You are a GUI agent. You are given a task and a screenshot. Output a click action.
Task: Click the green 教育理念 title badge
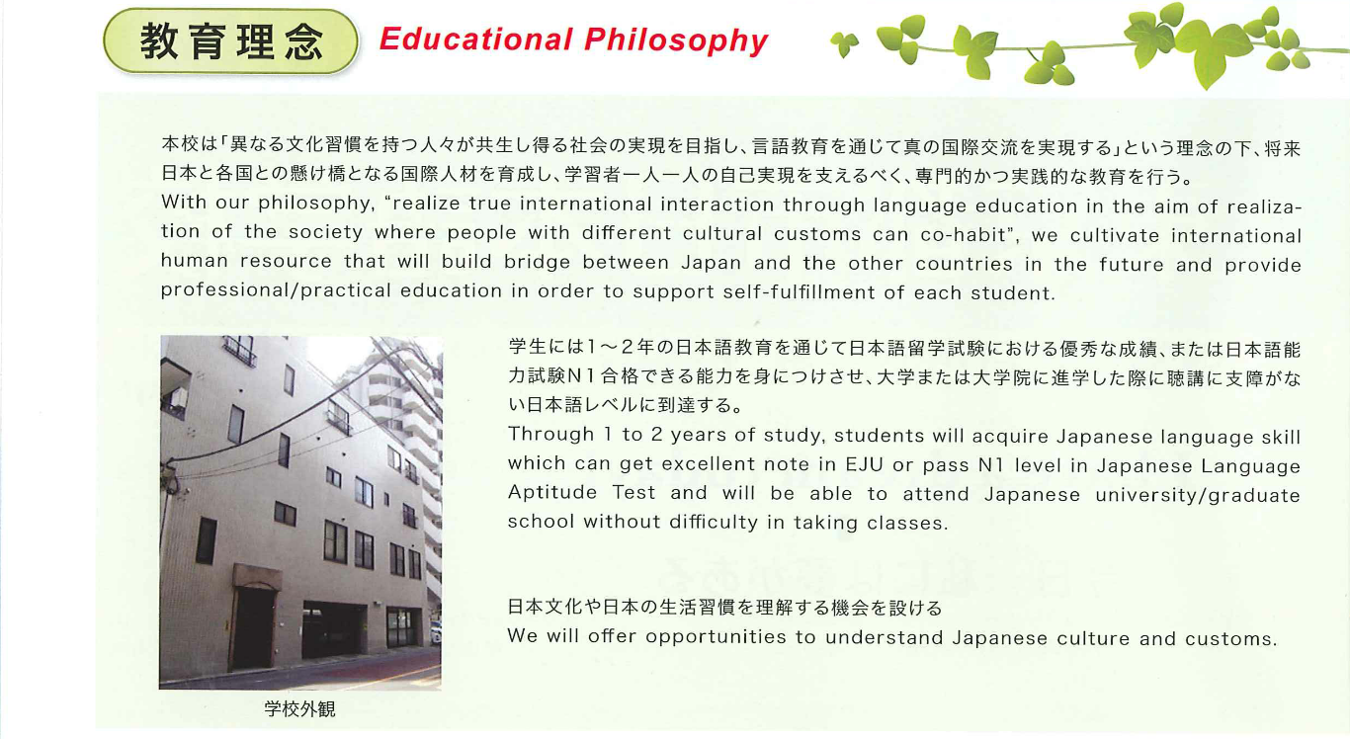click(231, 41)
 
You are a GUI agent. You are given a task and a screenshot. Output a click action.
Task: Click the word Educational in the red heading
click(475, 40)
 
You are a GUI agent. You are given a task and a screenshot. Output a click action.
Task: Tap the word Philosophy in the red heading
click(676, 41)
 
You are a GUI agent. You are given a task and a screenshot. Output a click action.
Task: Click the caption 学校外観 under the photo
click(299, 709)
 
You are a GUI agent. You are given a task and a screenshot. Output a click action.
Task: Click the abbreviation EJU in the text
click(864, 464)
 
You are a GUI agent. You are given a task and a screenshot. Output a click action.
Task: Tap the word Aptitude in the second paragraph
click(552, 493)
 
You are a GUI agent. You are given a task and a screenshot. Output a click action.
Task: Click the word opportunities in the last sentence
click(716, 637)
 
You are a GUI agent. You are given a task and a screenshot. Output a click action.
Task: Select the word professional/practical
click(276, 290)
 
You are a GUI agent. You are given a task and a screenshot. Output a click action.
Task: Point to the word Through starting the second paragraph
click(550, 435)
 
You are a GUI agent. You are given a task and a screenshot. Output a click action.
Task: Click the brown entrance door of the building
click(254, 626)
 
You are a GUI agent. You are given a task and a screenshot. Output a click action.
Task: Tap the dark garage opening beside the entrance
click(334, 628)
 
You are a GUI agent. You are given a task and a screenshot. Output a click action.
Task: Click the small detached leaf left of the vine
click(844, 44)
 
